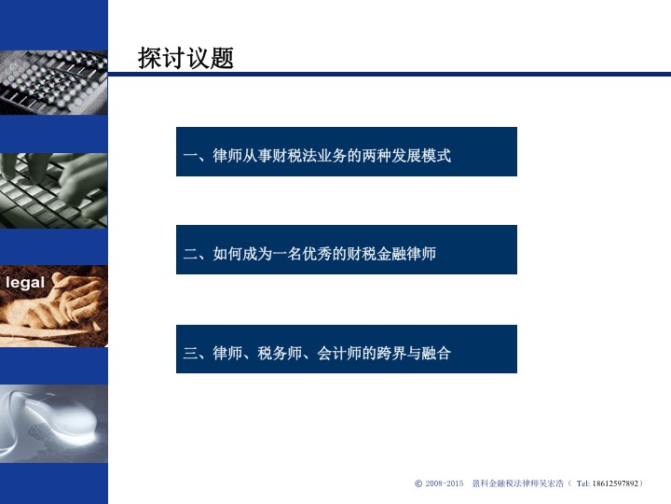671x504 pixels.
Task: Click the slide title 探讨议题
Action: [185, 58]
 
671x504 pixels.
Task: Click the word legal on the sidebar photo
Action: [25, 283]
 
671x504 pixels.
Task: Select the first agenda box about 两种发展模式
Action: [347, 152]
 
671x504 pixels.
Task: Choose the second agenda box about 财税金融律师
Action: [347, 249]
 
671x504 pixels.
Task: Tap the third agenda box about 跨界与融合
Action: [347, 349]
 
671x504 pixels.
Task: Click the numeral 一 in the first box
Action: [190, 155]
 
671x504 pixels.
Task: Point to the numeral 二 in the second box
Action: [190, 254]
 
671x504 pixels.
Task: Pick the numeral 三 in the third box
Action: [190, 353]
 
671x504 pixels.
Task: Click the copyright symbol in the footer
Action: [418, 483]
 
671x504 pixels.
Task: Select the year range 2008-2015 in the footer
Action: [445, 483]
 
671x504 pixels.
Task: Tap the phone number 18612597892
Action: [615, 483]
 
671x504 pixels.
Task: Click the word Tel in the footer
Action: [582, 483]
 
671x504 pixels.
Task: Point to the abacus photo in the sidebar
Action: [54, 83]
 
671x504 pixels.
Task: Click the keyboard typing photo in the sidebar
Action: [54, 190]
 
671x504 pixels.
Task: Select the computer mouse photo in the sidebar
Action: [54, 424]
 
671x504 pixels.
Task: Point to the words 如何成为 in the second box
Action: [242, 254]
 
